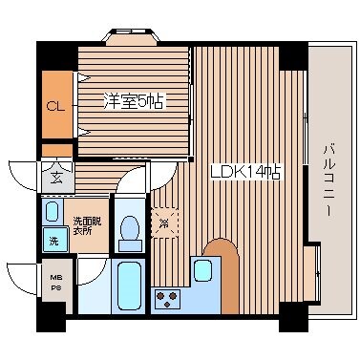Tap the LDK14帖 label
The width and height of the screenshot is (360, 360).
[x=245, y=173]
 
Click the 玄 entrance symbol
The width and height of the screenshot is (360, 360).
[x=53, y=176]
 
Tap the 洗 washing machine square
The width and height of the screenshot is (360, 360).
[x=53, y=241]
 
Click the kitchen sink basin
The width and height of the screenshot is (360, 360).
[x=202, y=270]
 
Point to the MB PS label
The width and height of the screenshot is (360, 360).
[x=55, y=284]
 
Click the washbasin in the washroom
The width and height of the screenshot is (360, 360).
[x=53, y=212]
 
